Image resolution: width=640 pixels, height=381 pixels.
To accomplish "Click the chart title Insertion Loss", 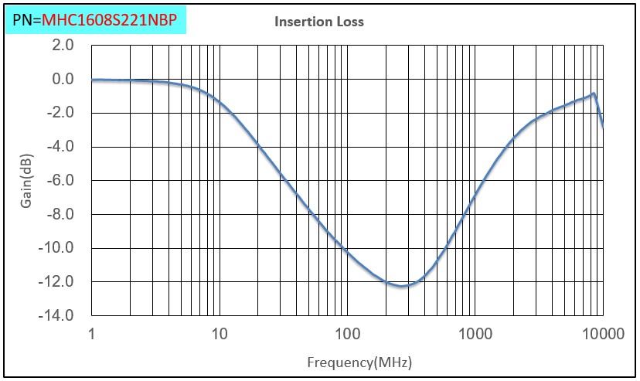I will (x=318, y=22).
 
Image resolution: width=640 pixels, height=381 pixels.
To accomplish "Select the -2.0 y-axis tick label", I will (x=61, y=113).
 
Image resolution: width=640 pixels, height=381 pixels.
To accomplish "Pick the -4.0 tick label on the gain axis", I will (x=61, y=147).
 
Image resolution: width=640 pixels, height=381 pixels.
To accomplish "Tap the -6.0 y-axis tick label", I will (x=61, y=180).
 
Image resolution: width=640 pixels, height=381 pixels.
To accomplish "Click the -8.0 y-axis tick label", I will (x=61, y=214).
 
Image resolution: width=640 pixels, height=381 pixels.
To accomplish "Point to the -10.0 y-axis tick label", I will (x=58, y=248).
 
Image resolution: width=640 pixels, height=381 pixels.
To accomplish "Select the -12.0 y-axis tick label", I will (x=58, y=281).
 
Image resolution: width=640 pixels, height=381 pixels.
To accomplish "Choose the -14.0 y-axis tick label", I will (x=58, y=315).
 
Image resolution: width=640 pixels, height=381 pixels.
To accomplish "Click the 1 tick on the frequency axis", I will (x=91, y=335).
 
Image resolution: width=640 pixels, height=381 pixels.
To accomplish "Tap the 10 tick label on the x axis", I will (x=220, y=335).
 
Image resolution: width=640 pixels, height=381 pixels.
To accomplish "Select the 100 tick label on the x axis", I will (x=347, y=335).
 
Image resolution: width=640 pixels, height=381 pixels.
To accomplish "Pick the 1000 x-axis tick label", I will (x=475, y=335).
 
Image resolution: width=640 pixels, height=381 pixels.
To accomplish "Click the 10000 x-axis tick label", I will (x=602, y=335).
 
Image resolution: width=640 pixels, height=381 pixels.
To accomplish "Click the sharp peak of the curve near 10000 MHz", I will (x=594, y=94).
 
